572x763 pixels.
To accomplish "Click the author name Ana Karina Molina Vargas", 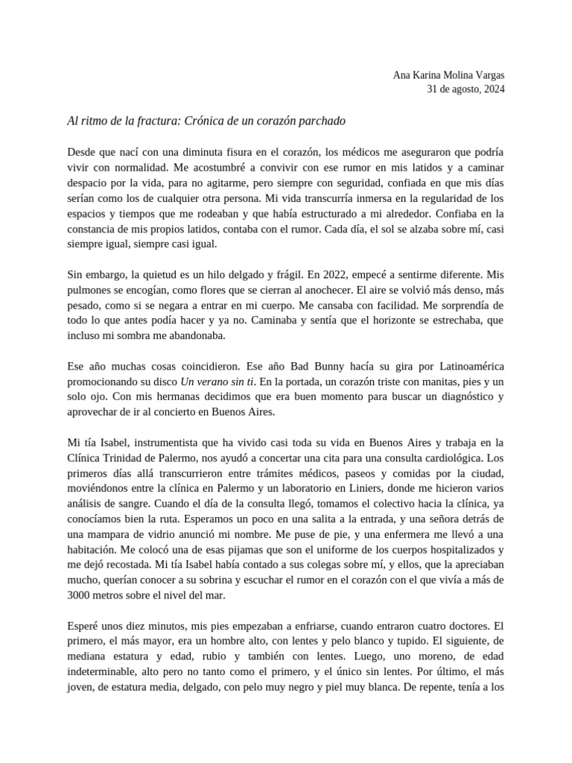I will tap(448, 75).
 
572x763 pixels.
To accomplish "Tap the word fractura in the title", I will tap(155, 120).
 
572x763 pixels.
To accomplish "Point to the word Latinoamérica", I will tap(464, 367).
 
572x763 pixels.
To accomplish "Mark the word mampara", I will tap(115, 534).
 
